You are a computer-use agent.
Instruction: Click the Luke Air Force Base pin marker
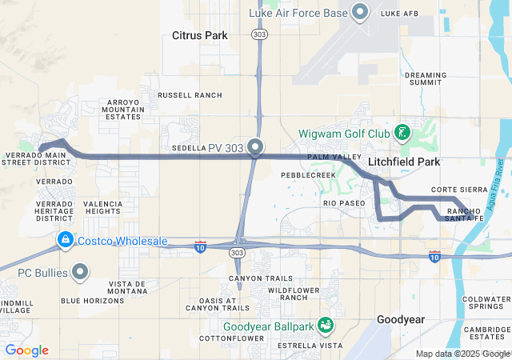(360, 12)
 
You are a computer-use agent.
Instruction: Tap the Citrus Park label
(200, 35)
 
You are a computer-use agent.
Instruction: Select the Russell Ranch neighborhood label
(190, 94)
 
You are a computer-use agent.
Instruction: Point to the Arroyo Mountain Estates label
(124, 110)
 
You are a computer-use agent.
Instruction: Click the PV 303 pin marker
(256, 146)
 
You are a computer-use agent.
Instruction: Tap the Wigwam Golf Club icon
(402, 132)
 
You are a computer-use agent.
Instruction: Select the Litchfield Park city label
(404, 162)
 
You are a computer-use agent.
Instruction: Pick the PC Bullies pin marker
(80, 273)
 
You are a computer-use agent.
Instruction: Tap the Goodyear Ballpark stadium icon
(326, 326)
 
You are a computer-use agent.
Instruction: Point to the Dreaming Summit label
(426, 78)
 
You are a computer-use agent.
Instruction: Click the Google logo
(26, 350)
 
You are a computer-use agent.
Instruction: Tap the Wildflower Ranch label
(288, 294)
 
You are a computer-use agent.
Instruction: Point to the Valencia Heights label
(103, 208)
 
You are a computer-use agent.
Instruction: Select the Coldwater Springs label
(486, 302)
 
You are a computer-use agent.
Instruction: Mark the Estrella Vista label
(305, 346)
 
